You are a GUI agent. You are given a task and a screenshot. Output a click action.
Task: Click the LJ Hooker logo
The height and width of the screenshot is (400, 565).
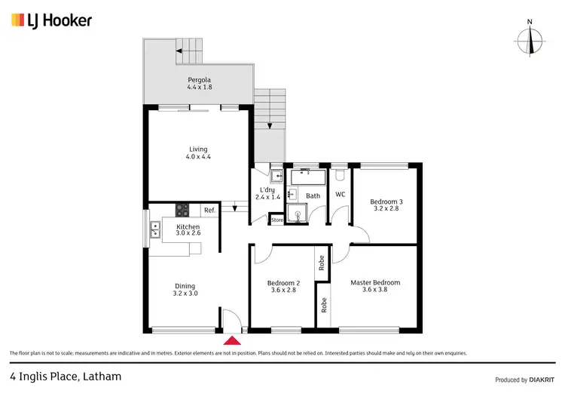pos(51,20)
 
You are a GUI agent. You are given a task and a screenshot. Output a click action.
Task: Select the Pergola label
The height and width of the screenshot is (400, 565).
pos(199,79)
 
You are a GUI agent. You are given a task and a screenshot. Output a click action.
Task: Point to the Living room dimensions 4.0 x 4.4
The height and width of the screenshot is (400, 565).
pos(199,157)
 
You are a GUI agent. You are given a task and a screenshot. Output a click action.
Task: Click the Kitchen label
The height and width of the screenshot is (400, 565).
pos(188,226)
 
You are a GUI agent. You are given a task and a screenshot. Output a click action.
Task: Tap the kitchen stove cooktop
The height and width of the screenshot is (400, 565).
pos(182,211)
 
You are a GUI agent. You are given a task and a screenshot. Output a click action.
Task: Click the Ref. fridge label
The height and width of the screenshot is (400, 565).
pos(209,211)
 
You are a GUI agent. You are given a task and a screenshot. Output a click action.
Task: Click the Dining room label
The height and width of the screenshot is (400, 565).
pos(185,286)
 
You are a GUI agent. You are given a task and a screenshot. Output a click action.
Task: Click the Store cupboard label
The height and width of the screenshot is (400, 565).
pos(277,220)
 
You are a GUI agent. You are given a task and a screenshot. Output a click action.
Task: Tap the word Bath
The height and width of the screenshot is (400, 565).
pos(313,196)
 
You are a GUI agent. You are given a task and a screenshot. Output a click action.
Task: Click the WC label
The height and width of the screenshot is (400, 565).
pos(340,195)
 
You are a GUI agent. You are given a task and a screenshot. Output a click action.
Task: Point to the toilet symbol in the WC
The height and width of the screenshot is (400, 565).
pos(341,175)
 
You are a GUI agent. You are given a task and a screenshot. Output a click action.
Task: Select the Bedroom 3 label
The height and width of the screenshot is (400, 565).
pos(386,202)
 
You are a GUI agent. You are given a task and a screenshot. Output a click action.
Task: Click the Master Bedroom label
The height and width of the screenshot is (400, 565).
pos(375,282)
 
